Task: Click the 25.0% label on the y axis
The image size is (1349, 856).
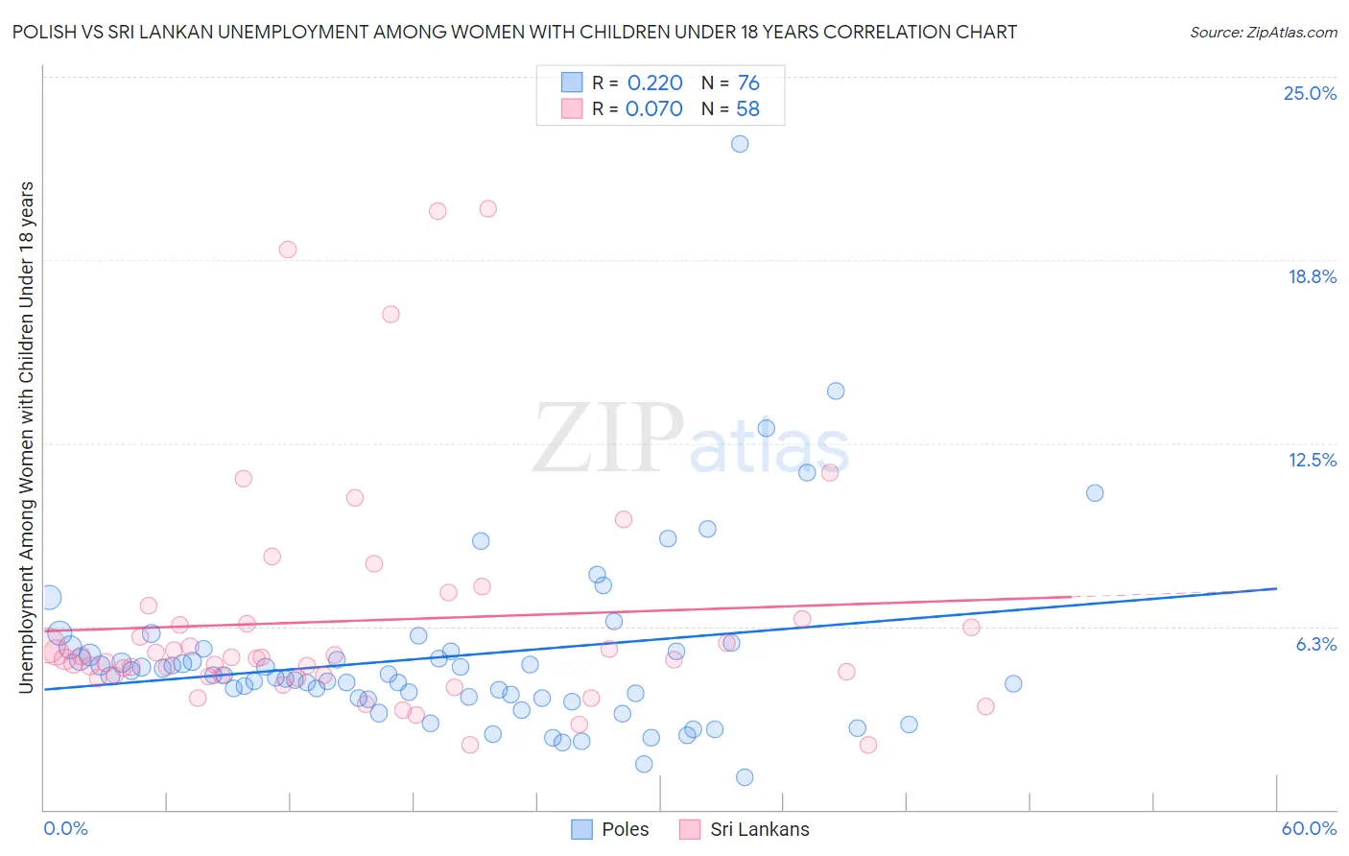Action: click(1310, 93)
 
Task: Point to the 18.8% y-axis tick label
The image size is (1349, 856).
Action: click(1312, 276)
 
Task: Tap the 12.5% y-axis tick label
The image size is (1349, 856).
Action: click(1312, 460)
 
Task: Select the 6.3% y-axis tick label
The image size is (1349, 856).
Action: click(1315, 644)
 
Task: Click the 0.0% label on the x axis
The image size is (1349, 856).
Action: click(65, 828)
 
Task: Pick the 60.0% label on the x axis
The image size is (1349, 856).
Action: click(1308, 828)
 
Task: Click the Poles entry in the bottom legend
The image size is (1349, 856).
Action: click(625, 829)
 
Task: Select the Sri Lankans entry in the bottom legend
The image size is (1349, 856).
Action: click(759, 829)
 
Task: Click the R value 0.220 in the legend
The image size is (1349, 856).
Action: click(654, 83)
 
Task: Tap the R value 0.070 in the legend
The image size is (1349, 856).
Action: click(653, 109)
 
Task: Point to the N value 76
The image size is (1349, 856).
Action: click(748, 83)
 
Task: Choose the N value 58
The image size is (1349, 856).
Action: click(747, 109)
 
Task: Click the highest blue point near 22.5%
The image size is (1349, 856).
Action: click(740, 144)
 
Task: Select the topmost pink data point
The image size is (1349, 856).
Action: click(487, 208)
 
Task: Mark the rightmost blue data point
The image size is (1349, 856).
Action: click(1095, 493)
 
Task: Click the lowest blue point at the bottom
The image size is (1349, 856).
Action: click(745, 777)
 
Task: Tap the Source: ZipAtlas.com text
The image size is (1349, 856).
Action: click(1263, 33)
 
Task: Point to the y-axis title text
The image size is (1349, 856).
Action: click(26, 437)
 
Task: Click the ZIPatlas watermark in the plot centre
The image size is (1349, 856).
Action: click(691, 439)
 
